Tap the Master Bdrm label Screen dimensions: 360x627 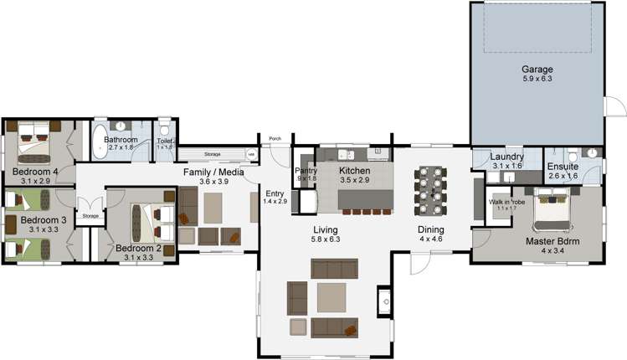pos(548,243)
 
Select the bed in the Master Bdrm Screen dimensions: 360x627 pos(551,212)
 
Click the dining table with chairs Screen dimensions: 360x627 pos(433,190)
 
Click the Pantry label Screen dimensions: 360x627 pos(306,170)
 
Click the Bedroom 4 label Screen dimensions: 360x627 pos(34,172)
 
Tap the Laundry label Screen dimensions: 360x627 pos(508,157)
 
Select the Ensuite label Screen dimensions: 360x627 pos(563,167)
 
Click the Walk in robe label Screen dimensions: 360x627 pos(507,202)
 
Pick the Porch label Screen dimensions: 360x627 pos(275,139)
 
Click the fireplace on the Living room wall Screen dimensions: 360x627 pos(385,298)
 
